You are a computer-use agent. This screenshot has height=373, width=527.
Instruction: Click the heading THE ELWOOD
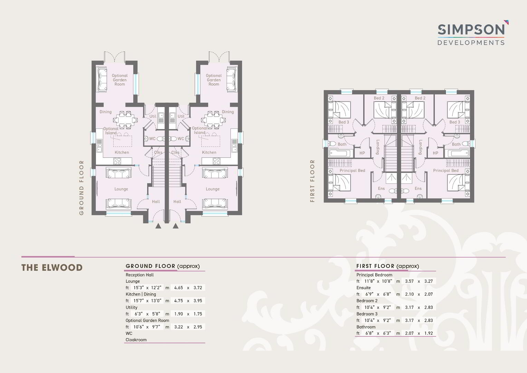52,268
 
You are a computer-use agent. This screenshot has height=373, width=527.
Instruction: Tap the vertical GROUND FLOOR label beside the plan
82,188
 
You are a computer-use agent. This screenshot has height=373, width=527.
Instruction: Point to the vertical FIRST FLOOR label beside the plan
312,181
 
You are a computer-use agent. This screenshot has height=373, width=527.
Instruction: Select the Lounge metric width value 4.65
178,288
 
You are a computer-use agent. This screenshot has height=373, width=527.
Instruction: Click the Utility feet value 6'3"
139,314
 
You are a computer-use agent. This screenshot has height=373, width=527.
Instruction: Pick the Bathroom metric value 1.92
429,333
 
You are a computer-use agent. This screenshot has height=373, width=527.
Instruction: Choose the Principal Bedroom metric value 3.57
409,281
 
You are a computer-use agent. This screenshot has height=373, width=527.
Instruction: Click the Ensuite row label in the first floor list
364,288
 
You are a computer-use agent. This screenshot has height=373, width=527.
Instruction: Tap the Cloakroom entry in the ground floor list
136,340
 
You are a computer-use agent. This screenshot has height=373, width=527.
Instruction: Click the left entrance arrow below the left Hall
158,226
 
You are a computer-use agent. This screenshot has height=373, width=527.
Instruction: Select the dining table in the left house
125,120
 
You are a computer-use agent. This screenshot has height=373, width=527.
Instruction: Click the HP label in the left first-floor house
362,153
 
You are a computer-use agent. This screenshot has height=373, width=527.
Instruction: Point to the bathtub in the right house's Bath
459,153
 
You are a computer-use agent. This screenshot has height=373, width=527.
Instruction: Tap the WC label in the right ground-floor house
181,138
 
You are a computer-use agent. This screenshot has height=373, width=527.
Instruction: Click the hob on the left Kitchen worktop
117,161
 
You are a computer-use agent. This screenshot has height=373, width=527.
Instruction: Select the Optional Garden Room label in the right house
214,80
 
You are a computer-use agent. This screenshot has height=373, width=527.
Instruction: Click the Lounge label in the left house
121,189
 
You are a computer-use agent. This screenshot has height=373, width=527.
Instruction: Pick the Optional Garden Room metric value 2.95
198,327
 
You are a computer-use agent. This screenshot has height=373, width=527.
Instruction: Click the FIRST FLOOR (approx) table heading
388,266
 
